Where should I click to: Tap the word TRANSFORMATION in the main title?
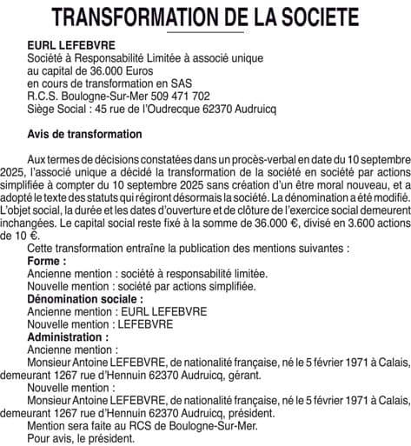point(137,17)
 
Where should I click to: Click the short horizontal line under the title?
point(204,32)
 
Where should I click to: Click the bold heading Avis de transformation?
point(85,135)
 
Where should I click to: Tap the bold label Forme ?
point(47,261)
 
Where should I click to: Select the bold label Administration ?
point(69,336)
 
